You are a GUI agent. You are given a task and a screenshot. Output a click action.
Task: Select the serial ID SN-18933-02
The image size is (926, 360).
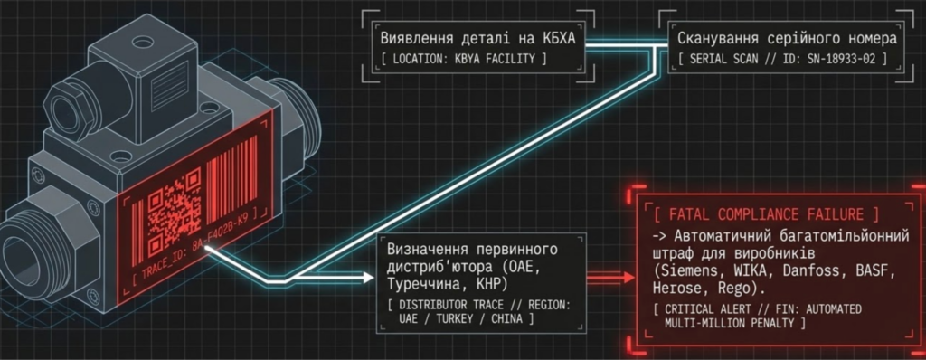[x=855, y=60]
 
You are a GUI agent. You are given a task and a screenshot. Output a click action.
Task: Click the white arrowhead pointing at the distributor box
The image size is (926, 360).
[x=369, y=278]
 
